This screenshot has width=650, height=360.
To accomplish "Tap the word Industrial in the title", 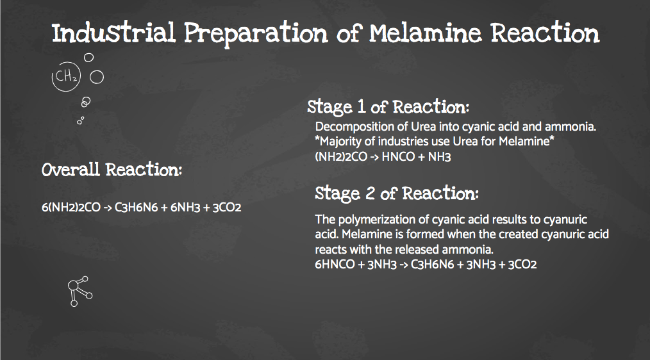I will coord(113,33).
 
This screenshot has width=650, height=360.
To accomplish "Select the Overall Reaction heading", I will coord(112,170).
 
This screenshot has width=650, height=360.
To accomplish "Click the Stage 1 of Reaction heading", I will coord(389,106).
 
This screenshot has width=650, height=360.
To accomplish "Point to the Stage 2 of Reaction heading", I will coord(397,193).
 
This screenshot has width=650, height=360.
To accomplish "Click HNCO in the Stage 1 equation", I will coord(397,157).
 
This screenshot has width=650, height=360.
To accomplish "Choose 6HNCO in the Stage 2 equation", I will coord(335,264).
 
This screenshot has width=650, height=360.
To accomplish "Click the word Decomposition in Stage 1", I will coord(350,127).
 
